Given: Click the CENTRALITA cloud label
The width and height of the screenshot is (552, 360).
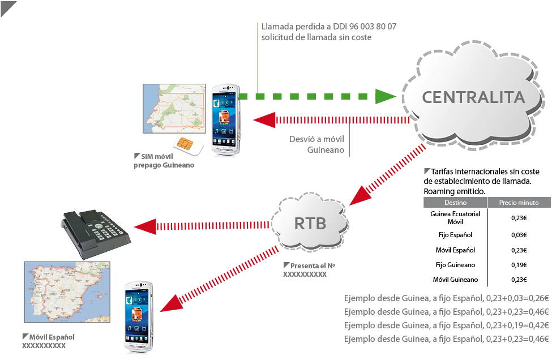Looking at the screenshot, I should [x=473, y=97].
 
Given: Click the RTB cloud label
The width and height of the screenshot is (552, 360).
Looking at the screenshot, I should [x=310, y=223].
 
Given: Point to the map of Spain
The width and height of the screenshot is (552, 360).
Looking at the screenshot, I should [x=66, y=293].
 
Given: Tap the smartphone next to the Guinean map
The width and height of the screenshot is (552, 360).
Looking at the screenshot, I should [x=225, y=119].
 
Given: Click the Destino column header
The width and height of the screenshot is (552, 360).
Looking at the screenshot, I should [x=455, y=203].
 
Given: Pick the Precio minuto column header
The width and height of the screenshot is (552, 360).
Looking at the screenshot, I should [x=519, y=203].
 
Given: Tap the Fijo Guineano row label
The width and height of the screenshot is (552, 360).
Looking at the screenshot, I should [x=455, y=265].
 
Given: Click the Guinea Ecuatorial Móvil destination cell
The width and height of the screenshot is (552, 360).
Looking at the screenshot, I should [x=455, y=217].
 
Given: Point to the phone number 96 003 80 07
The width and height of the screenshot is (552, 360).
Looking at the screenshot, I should [x=367, y=26].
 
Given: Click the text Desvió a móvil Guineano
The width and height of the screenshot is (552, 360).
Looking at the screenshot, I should [x=316, y=144].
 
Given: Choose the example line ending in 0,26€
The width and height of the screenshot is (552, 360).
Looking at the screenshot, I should [x=447, y=298].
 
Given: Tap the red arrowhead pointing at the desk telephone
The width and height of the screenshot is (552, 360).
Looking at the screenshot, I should [x=146, y=225].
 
